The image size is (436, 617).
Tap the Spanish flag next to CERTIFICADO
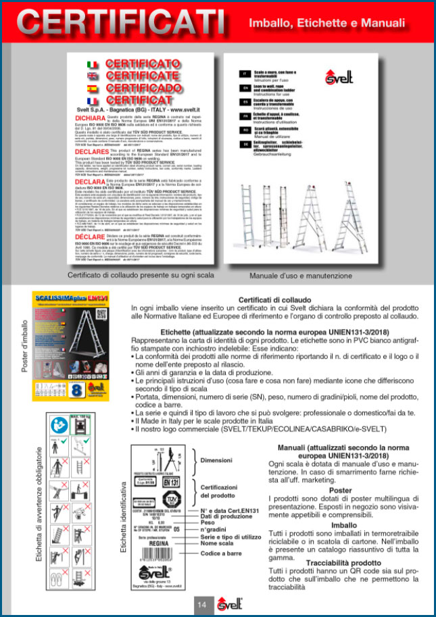pyautogui.click(x=93, y=89)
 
